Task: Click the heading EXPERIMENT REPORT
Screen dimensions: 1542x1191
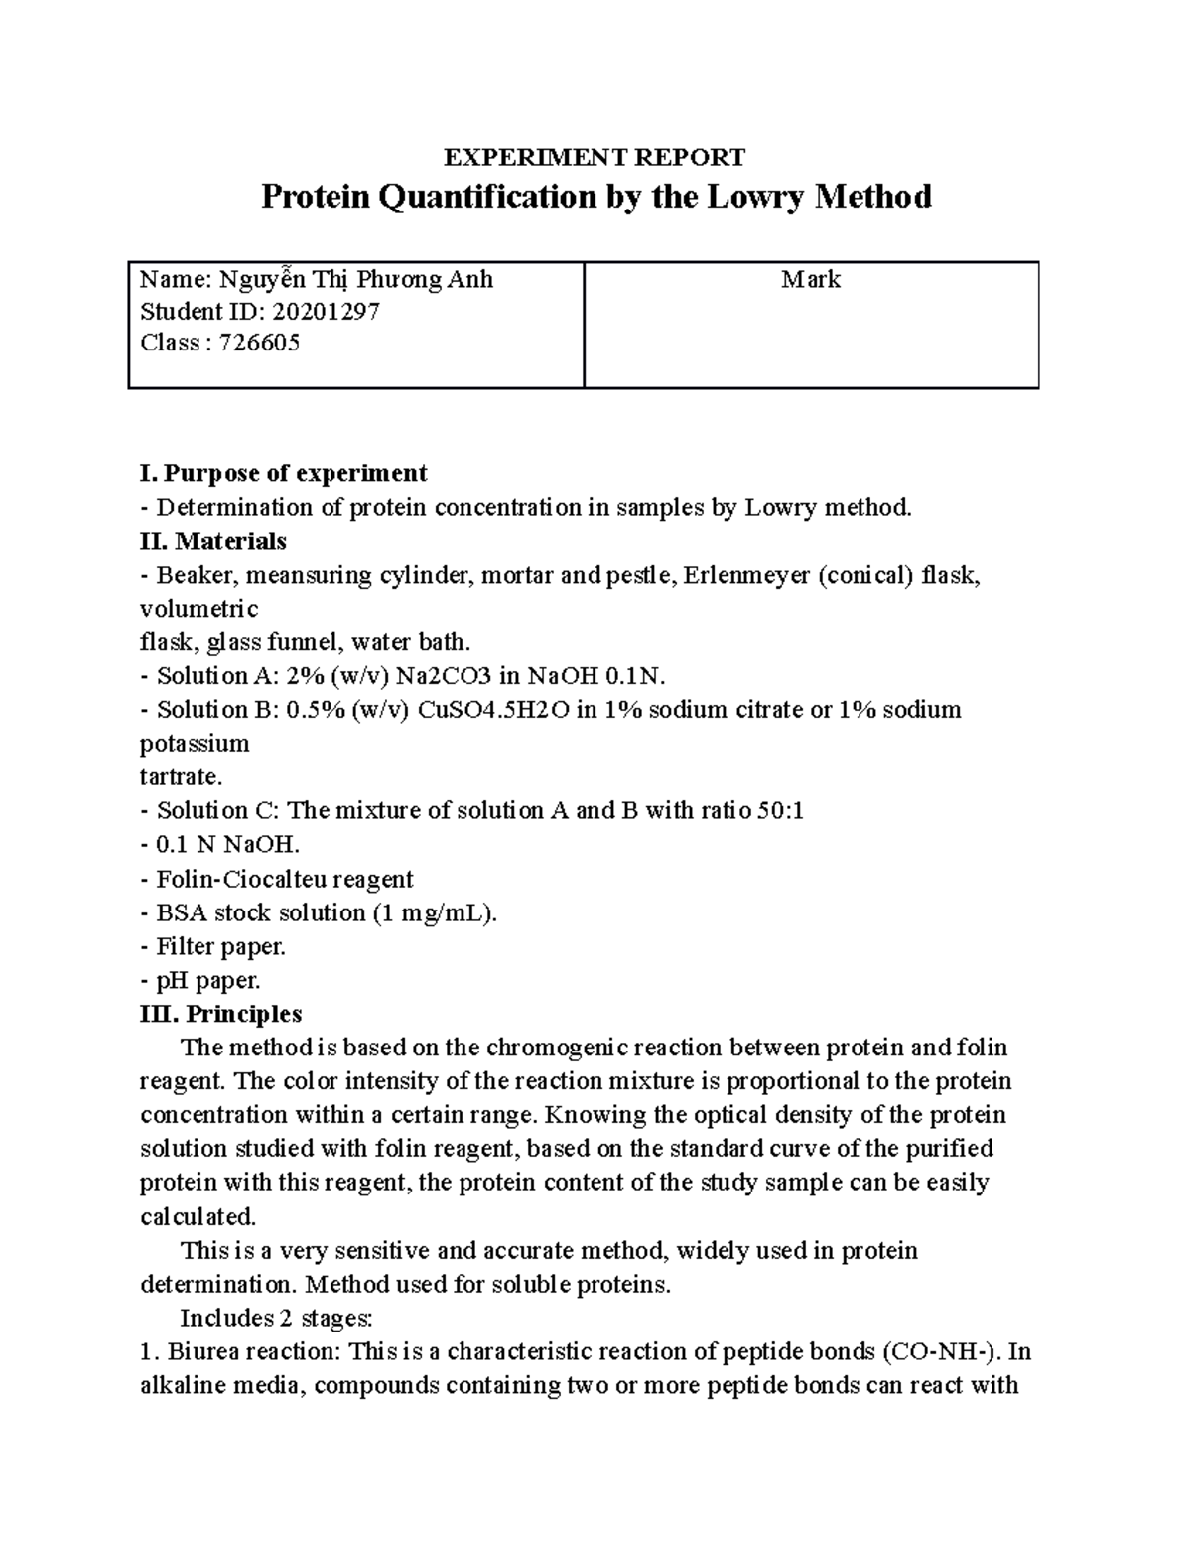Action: [594, 157]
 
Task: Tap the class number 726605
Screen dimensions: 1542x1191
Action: [261, 344]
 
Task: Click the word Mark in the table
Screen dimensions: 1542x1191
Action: [810, 280]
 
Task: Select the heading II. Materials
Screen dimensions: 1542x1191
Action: [213, 541]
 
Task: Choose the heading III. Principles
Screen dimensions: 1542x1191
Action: [220, 1014]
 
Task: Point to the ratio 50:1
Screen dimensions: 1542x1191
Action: [779, 811]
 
